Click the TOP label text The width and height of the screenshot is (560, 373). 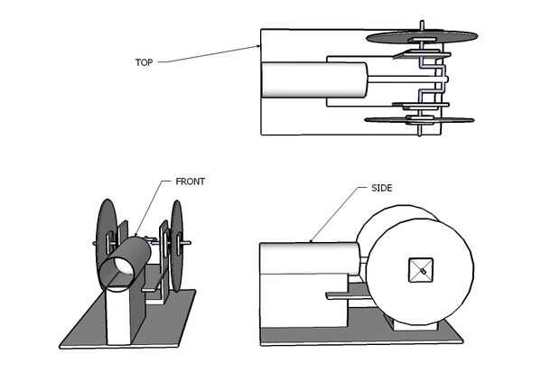(x=144, y=62)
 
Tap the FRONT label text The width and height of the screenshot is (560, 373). (x=190, y=182)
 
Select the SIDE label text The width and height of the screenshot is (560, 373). (x=382, y=188)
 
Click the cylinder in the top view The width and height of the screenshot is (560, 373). (x=314, y=80)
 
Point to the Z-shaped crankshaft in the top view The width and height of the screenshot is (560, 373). (x=433, y=79)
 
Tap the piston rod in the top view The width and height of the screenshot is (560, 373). (x=407, y=79)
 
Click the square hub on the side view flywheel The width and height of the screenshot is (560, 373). (x=421, y=270)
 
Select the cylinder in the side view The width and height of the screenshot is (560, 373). (x=309, y=258)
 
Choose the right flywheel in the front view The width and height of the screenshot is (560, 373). (x=177, y=245)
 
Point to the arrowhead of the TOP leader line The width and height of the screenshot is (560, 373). (x=258, y=46)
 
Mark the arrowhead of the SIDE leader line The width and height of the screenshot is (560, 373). (x=311, y=241)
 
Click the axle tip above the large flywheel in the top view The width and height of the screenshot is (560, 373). (x=422, y=25)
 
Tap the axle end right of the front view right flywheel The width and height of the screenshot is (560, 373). (x=187, y=243)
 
